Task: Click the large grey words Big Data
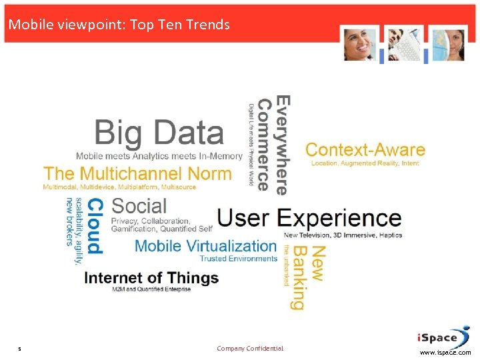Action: [159, 133]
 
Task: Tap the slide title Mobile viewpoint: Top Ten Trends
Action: [119, 25]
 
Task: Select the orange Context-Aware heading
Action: [365, 150]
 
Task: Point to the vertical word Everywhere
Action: [283, 145]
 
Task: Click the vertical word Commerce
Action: [265, 145]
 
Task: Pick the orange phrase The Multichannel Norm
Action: [137, 174]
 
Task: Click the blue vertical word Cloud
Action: [95, 225]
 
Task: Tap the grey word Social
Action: [139, 205]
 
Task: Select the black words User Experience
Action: [309, 218]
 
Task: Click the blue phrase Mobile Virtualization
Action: [205, 246]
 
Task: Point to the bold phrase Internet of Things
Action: [151, 277]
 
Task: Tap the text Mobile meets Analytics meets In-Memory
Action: [159, 156]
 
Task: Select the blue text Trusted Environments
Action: [238, 259]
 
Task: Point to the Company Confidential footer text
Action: [250, 349]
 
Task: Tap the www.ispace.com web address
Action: [445, 353]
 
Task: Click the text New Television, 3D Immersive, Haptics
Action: [343, 235]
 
